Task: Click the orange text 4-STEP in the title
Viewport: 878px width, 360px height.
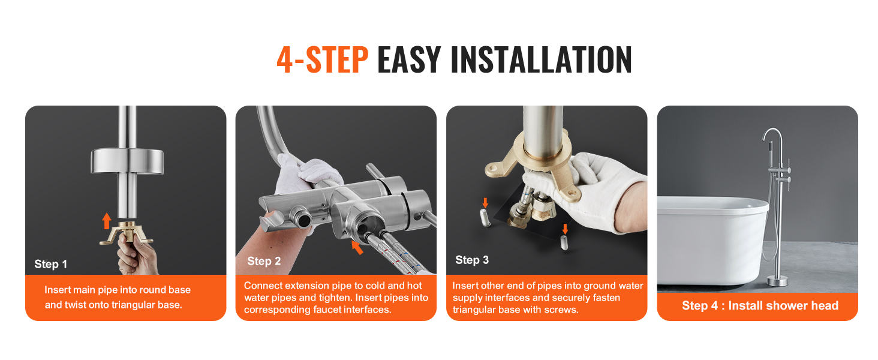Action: [x=322, y=59]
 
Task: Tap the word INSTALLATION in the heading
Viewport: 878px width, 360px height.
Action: [x=541, y=59]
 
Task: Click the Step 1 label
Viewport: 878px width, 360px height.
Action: [x=50, y=265]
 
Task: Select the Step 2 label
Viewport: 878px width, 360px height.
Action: [x=264, y=261]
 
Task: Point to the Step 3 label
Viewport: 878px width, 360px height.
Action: [x=472, y=260]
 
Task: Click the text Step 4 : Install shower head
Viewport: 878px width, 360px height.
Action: [x=760, y=305]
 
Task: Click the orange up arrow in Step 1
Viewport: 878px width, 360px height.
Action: [x=107, y=221]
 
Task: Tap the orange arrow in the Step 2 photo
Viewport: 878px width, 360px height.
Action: [x=357, y=247]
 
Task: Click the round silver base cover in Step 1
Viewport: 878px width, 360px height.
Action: [x=127, y=161]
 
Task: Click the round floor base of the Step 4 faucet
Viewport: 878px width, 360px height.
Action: [x=777, y=281]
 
